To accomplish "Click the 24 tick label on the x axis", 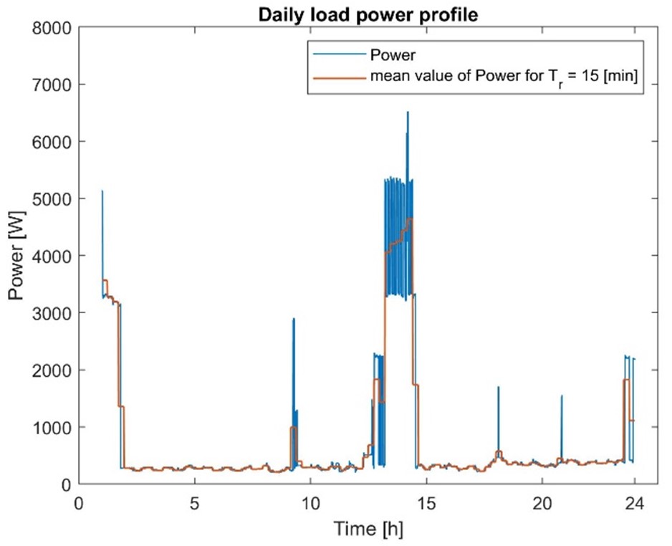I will pos(635,504).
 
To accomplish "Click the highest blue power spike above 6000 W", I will pos(408,112).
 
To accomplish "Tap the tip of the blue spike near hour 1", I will pos(102,191).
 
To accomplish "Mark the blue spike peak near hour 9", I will pos(294,319).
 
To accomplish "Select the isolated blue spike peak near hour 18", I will pos(498,387).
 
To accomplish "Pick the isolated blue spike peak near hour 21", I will pos(562,396).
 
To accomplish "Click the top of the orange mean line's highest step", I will pos(410,219).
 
